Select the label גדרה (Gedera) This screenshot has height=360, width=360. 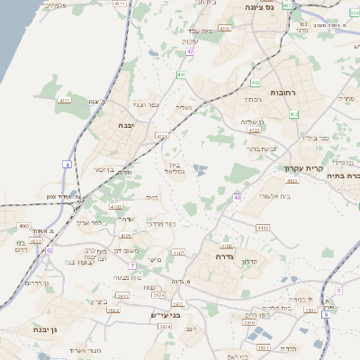pyautogui.click(x=224, y=256)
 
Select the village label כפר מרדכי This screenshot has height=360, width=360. pyautogui.click(x=163, y=221)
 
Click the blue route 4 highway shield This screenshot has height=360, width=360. pyautogui.click(x=67, y=164)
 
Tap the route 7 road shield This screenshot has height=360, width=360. pyautogui.click(x=131, y=265)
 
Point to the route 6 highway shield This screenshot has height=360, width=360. pyautogui.click(x=338, y=290)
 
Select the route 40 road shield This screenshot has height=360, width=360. pyautogui.click(x=237, y=196)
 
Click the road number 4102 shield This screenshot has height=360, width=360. pyautogui.click(x=116, y=207)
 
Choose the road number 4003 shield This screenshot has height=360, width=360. pyautogui.click(x=23, y=227)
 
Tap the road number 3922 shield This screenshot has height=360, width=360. pyautogui.click(x=112, y=309)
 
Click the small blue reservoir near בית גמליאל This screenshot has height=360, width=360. pyautogui.click(x=200, y=168)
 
